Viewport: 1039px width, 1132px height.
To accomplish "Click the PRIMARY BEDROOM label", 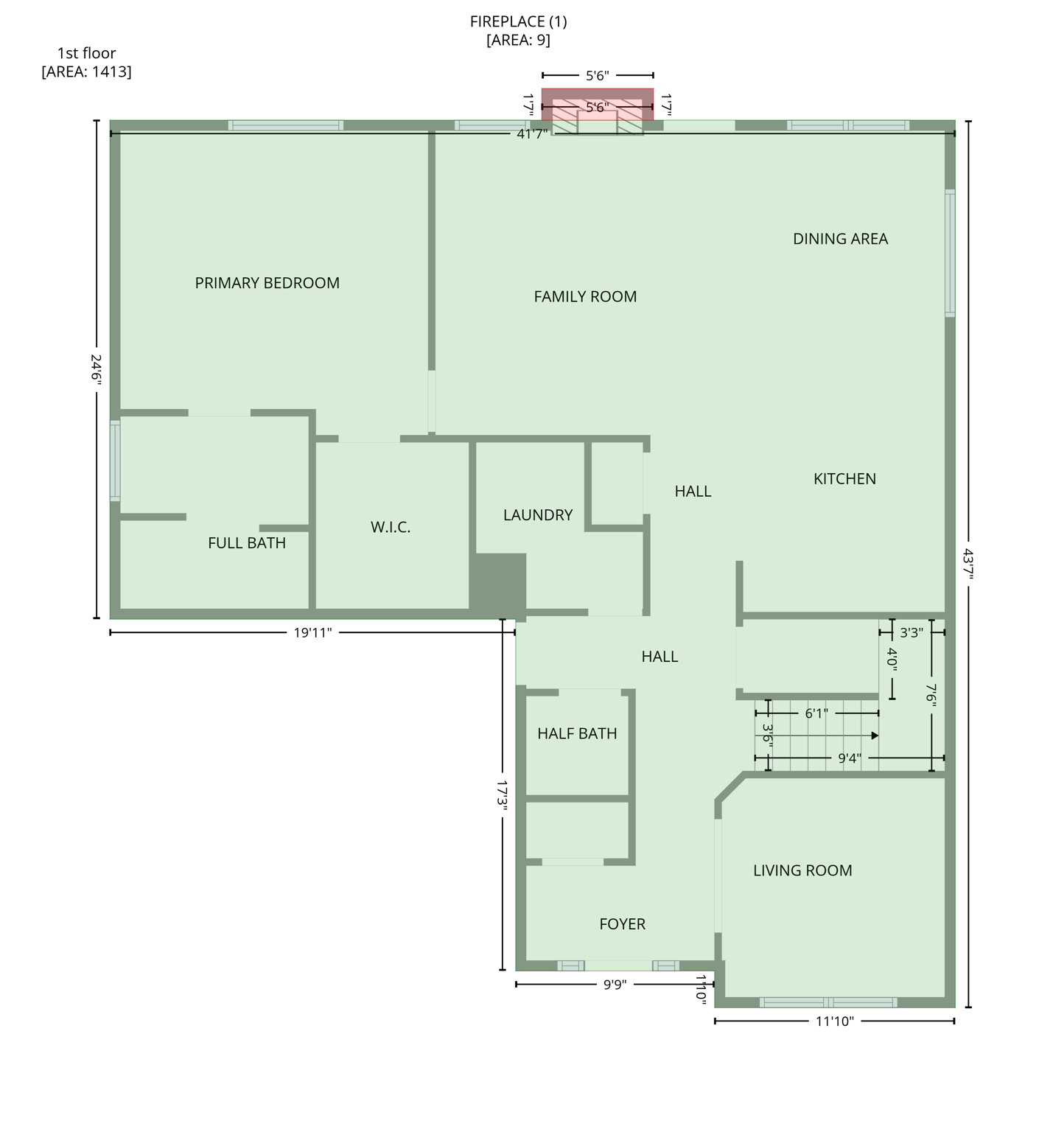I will (x=267, y=283).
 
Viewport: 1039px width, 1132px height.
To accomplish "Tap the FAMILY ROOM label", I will (x=585, y=296).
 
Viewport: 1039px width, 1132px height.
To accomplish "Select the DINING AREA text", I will (x=840, y=239).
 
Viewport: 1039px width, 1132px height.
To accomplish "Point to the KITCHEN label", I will (x=844, y=479).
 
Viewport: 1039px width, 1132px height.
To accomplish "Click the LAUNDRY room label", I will (x=538, y=515).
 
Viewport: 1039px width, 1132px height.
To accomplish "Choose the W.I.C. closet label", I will (x=391, y=527).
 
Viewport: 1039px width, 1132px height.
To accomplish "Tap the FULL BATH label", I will (x=247, y=543).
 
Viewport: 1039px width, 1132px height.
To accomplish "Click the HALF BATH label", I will (x=577, y=733).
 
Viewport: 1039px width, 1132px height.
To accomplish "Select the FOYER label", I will (x=622, y=924).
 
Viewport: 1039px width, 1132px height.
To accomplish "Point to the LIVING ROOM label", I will (x=802, y=870).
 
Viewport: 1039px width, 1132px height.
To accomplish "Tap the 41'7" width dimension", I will (x=532, y=133).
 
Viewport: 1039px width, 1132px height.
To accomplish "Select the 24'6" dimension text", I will (x=97, y=368).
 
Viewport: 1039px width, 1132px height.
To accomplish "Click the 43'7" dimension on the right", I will (x=968, y=564).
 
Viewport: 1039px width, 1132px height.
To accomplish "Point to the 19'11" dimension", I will (x=312, y=632).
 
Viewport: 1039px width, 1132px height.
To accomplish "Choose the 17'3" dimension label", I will (x=503, y=796).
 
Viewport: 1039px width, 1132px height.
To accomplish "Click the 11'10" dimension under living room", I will (x=834, y=1021).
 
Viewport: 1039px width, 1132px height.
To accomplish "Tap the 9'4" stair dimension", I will (x=849, y=758).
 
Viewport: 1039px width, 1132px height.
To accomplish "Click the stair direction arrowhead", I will (x=875, y=736).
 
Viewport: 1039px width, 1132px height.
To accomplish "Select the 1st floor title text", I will (x=86, y=53).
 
